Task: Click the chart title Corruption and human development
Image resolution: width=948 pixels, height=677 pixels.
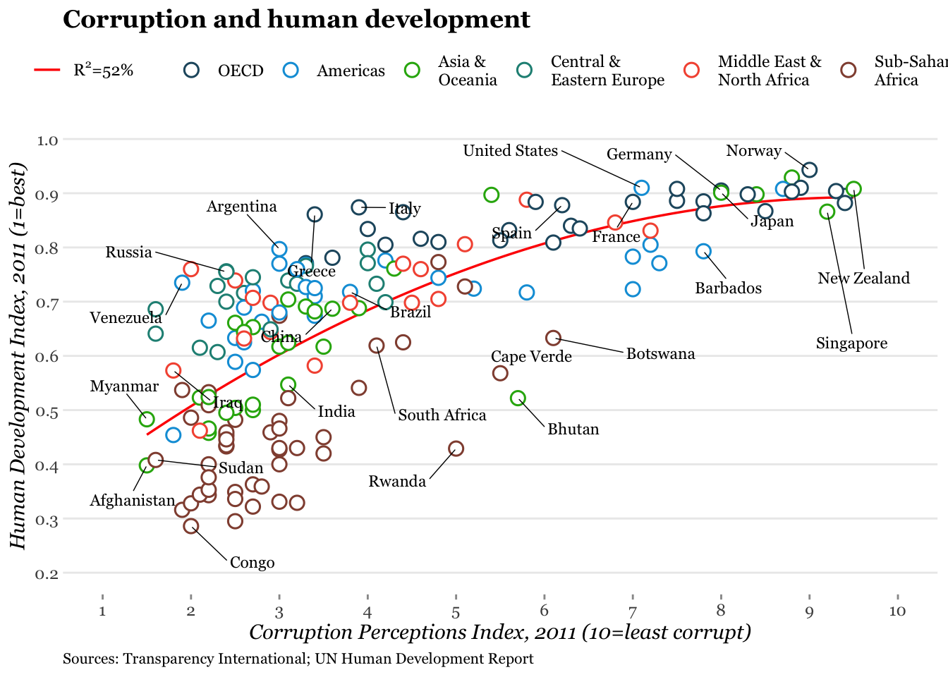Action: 296,20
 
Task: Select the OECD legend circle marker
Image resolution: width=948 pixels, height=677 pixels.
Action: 192,70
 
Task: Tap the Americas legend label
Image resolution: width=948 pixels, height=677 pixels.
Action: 351,71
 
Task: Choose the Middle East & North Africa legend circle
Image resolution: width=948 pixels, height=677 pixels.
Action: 692,70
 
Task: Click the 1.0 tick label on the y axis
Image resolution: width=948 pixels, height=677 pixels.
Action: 48,140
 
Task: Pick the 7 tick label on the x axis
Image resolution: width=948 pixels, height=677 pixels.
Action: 633,611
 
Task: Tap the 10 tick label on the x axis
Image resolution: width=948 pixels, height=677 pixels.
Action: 897,611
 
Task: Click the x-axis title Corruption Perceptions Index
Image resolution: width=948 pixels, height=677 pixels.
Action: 499,632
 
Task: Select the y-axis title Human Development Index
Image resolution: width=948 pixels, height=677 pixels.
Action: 18,355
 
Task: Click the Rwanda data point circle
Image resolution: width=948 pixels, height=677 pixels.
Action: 456,449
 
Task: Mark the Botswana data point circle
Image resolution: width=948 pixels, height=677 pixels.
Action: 553,338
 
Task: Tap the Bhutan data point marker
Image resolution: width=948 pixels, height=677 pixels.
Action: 518,398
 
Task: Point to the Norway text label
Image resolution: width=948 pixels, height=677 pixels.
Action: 753,151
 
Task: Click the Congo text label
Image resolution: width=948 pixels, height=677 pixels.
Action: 252,563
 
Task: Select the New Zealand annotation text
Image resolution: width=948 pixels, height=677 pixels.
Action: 863,279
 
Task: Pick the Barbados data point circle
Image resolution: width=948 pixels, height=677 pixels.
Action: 703,251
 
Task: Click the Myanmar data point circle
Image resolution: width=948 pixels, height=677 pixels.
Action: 147,420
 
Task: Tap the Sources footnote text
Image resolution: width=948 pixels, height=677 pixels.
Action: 298,659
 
